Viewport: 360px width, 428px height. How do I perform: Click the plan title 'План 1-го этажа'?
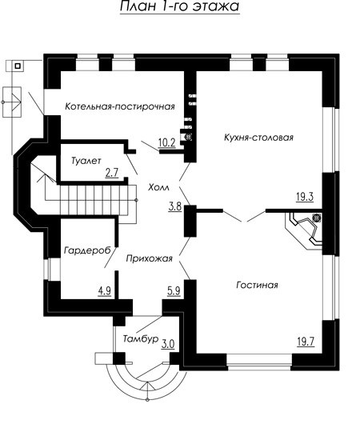coord(180,6)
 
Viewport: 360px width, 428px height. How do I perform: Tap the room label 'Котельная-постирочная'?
coord(120,106)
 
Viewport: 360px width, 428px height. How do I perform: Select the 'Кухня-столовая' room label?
coord(258,137)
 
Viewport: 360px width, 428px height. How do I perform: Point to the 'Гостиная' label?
coord(257,285)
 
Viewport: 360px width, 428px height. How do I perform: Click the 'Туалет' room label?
coord(86,161)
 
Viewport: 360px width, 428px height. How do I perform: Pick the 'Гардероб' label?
coord(88,250)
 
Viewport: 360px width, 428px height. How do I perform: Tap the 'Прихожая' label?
coord(150,258)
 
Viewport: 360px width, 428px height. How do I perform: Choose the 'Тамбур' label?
coord(141,338)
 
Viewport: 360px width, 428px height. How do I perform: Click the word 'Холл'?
coord(159,187)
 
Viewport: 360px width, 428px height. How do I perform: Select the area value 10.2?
coord(166,142)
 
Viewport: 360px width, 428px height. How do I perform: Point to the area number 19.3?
coord(305,197)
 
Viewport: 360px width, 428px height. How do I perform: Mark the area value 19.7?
coord(306,342)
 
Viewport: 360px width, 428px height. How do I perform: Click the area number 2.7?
coord(112,173)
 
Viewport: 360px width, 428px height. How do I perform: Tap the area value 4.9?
coord(105,291)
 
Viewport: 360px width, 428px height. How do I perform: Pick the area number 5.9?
coord(174,291)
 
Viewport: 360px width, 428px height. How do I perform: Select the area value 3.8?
coord(175,206)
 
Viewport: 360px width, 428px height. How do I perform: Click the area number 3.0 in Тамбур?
coord(168,344)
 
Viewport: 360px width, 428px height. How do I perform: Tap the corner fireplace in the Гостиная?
coord(303,230)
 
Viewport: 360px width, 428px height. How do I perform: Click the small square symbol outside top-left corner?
coord(18,66)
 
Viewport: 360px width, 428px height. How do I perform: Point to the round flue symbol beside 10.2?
coord(188,138)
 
